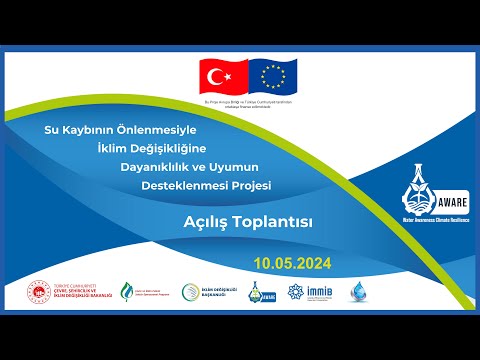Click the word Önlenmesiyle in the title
tap(162, 130)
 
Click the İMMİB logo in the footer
tap(314, 292)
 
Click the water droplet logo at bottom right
tap(360, 292)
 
